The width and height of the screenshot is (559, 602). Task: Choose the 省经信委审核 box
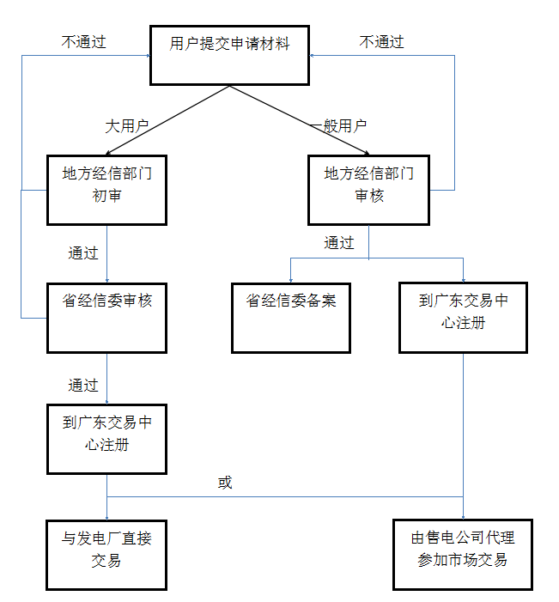pos(106,317)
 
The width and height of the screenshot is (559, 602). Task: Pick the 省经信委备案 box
pos(290,317)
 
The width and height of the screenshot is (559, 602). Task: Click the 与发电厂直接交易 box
pos(106,554)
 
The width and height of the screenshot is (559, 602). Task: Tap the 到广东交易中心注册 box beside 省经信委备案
pos(463,317)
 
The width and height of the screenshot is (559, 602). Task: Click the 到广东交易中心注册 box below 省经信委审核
pos(106,438)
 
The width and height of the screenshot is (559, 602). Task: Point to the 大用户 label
pos(127,125)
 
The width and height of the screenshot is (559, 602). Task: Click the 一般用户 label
pos(338,125)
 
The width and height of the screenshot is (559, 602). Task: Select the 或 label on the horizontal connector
pos(225,483)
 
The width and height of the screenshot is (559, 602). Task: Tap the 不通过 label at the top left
pos(84,41)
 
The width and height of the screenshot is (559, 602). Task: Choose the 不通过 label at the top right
pos(381,41)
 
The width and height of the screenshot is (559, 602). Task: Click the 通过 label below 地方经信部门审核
pos(339,243)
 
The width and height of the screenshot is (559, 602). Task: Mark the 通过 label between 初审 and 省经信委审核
pos(83,253)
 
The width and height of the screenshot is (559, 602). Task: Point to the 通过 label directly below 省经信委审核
pos(83,385)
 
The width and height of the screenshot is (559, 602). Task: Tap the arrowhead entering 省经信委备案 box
pos(290,279)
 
